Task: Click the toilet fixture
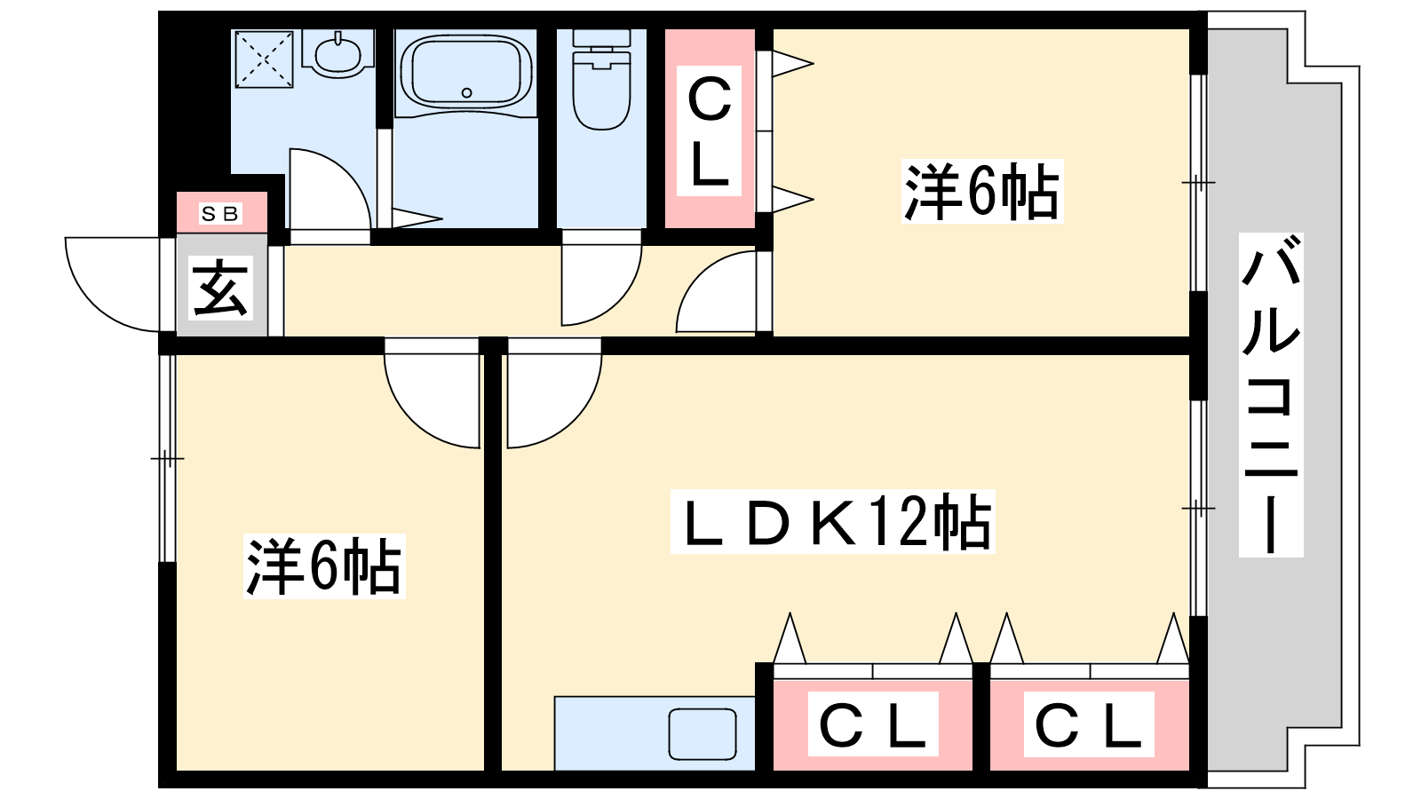coord(601,84)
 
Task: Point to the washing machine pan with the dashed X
coord(264,59)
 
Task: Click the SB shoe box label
coord(220,214)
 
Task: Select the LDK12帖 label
coord(832,522)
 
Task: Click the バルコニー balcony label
coord(1271,395)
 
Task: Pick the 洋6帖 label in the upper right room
coord(981,191)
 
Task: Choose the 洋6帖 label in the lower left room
coord(323,566)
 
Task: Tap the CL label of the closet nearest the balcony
coord(1089,724)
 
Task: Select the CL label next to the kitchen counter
coord(872,724)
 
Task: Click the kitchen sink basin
coord(703,734)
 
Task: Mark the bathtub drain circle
coord(467,92)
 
